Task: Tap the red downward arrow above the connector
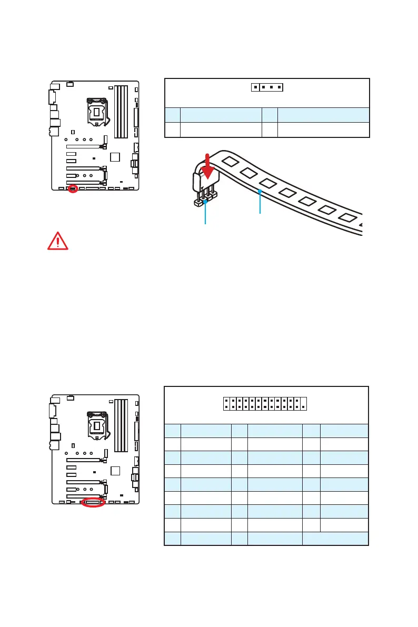click(x=210, y=167)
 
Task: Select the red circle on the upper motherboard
click(x=73, y=188)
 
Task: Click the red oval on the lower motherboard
click(x=93, y=502)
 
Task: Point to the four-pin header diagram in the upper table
click(x=266, y=87)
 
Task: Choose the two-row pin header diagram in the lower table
click(x=264, y=403)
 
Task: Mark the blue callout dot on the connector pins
click(x=205, y=201)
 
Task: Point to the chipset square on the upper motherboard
click(x=116, y=157)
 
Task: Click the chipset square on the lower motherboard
click(x=116, y=471)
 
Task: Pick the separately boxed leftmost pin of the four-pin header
click(x=255, y=87)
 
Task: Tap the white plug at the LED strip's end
click(x=201, y=182)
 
